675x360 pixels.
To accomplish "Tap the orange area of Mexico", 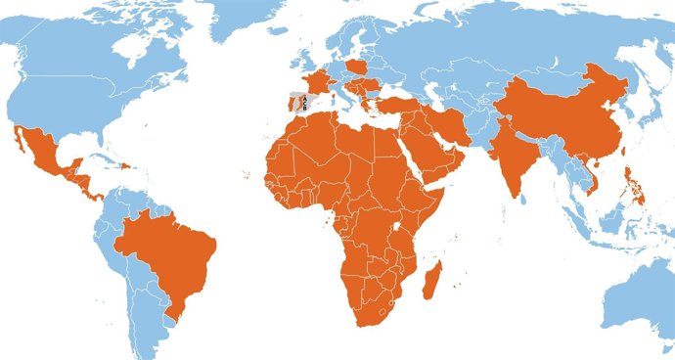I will coord(43,157).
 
